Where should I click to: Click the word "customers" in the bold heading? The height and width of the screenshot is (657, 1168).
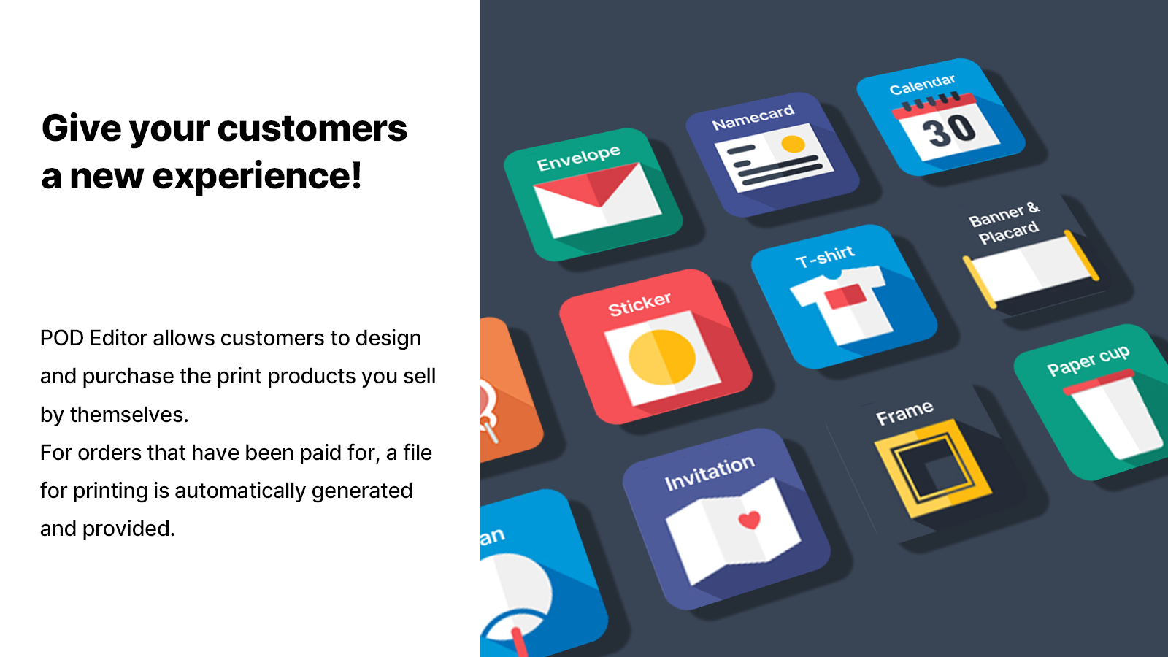(x=312, y=128)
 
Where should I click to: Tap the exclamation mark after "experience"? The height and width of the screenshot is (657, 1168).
(x=356, y=175)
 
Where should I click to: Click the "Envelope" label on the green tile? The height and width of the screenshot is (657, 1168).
(x=579, y=158)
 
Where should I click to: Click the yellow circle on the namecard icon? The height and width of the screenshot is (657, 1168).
(x=793, y=144)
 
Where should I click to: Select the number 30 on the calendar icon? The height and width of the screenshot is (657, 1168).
(x=948, y=130)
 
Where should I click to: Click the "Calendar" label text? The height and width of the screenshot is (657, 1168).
(x=923, y=85)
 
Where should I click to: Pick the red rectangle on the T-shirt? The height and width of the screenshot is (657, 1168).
(x=845, y=296)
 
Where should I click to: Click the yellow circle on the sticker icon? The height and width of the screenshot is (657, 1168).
(x=662, y=357)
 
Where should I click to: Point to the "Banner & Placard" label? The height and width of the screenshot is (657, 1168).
(x=1004, y=223)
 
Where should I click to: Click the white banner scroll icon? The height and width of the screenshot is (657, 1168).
(x=1031, y=269)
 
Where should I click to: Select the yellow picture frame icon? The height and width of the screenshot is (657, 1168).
(x=934, y=468)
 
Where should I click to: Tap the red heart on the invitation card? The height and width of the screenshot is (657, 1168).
(x=749, y=519)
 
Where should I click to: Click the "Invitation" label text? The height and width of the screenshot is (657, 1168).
(x=710, y=473)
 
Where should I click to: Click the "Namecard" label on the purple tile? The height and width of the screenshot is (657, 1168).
(x=753, y=118)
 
